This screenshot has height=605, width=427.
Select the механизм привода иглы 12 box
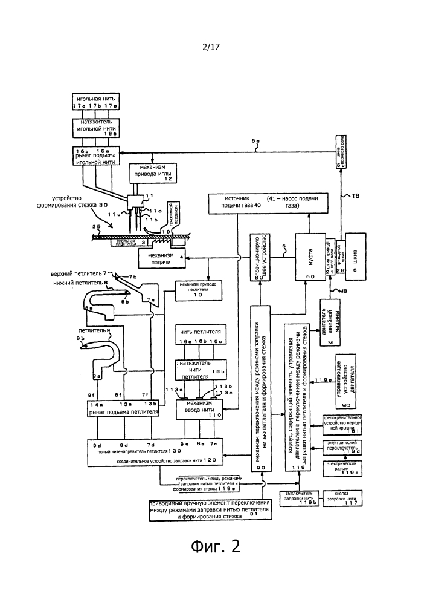pos(156,175)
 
